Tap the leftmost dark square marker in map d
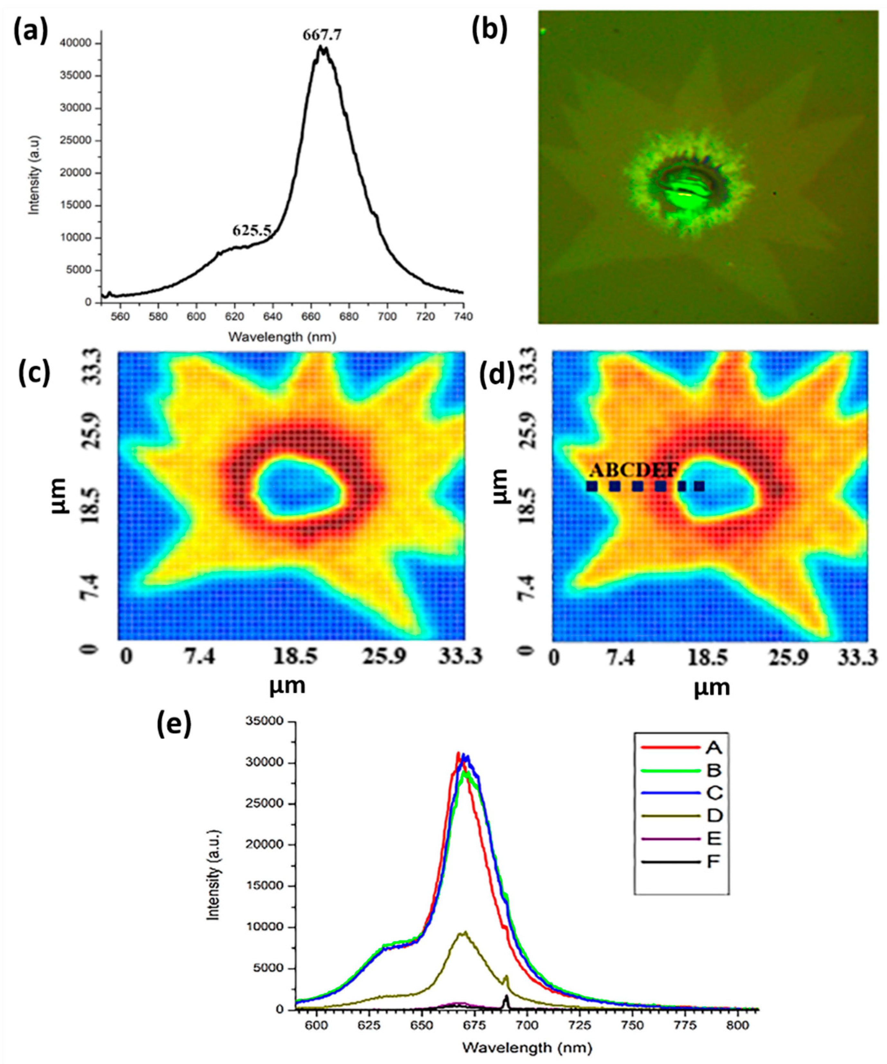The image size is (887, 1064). [591, 486]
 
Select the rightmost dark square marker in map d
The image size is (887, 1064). [699, 486]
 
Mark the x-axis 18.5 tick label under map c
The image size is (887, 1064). [296, 658]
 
